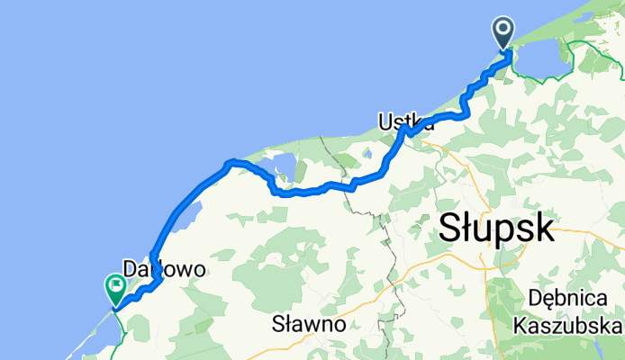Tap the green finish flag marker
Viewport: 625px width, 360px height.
coord(116,287)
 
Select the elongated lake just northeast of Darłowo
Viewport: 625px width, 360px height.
coord(187,217)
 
